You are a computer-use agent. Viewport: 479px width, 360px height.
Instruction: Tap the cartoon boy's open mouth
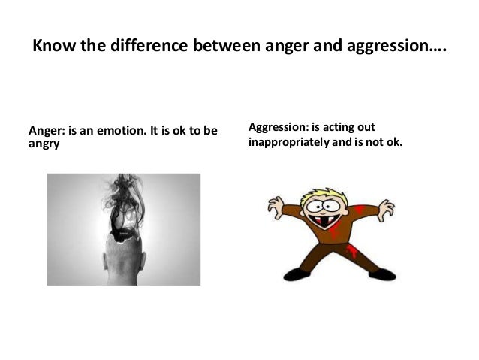(x=325, y=222)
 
